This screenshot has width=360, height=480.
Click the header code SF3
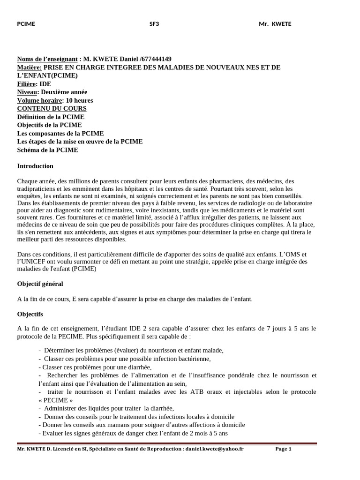[154, 24]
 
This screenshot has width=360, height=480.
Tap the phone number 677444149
[156, 59]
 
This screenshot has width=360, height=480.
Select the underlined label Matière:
[29, 67]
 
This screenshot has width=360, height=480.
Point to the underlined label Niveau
[27, 92]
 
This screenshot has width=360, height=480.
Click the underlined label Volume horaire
[39, 100]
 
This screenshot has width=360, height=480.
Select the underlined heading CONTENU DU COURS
[52, 109]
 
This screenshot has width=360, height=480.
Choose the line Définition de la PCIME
[51, 117]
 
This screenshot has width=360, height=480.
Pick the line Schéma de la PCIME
[47, 150]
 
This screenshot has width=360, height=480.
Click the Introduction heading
[35, 166]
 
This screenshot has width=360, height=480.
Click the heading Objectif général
[40, 284]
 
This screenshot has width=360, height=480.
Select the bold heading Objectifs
[30, 314]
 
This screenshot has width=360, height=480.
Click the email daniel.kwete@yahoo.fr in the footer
[214, 449]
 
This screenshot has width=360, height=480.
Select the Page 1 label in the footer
[283, 449]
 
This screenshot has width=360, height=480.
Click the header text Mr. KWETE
[275, 24]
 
